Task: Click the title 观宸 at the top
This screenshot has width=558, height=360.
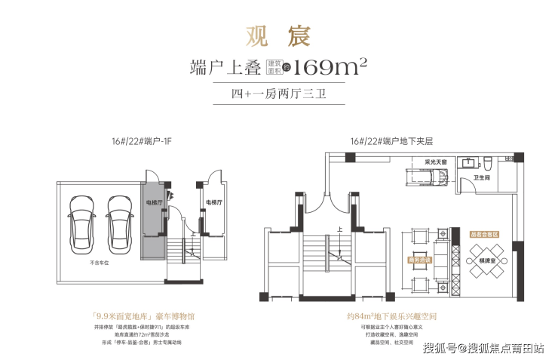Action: pos(279,35)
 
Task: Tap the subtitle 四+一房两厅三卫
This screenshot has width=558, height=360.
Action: pos(278,94)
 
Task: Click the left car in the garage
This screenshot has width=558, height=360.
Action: pos(80,220)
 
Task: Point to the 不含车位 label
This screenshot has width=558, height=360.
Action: pos(100,263)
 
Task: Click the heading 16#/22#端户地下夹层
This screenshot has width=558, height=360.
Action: pos(391,141)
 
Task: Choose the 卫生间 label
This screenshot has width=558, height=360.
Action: pos(483,179)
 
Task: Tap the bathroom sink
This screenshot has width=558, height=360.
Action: pos(469,162)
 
